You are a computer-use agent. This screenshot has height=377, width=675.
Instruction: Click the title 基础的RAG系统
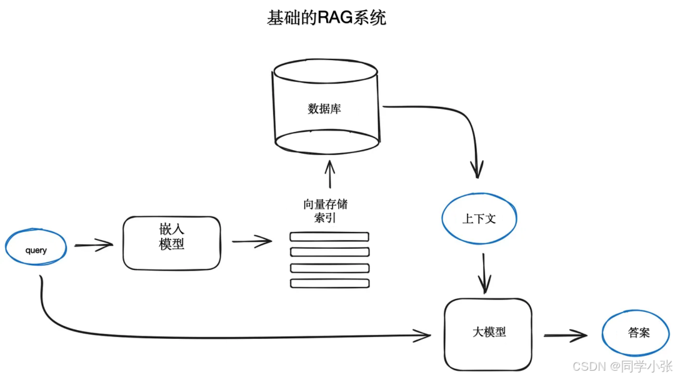[x=326, y=18]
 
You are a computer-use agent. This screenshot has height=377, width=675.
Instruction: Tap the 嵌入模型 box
[x=172, y=243]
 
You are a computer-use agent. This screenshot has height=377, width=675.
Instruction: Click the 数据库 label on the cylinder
[x=324, y=108]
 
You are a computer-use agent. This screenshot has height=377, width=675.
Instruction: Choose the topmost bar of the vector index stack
[x=329, y=237]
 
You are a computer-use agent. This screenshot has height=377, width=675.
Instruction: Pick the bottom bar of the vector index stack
[x=329, y=283]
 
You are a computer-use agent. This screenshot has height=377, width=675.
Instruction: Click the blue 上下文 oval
[x=479, y=219]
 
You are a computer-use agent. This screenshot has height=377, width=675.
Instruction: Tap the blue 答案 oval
[x=638, y=333]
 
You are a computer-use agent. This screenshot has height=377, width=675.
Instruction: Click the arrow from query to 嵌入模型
[x=94, y=246]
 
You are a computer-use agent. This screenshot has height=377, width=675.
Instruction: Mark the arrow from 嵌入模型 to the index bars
[x=252, y=241]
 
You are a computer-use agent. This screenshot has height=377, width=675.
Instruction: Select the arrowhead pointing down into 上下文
[x=477, y=171]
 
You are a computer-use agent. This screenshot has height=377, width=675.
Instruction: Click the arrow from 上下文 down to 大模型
[x=485, y=273]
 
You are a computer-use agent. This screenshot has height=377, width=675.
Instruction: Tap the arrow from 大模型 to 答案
[x=565, y=336]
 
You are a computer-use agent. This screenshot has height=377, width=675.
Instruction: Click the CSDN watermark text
[x=622, y=366]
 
